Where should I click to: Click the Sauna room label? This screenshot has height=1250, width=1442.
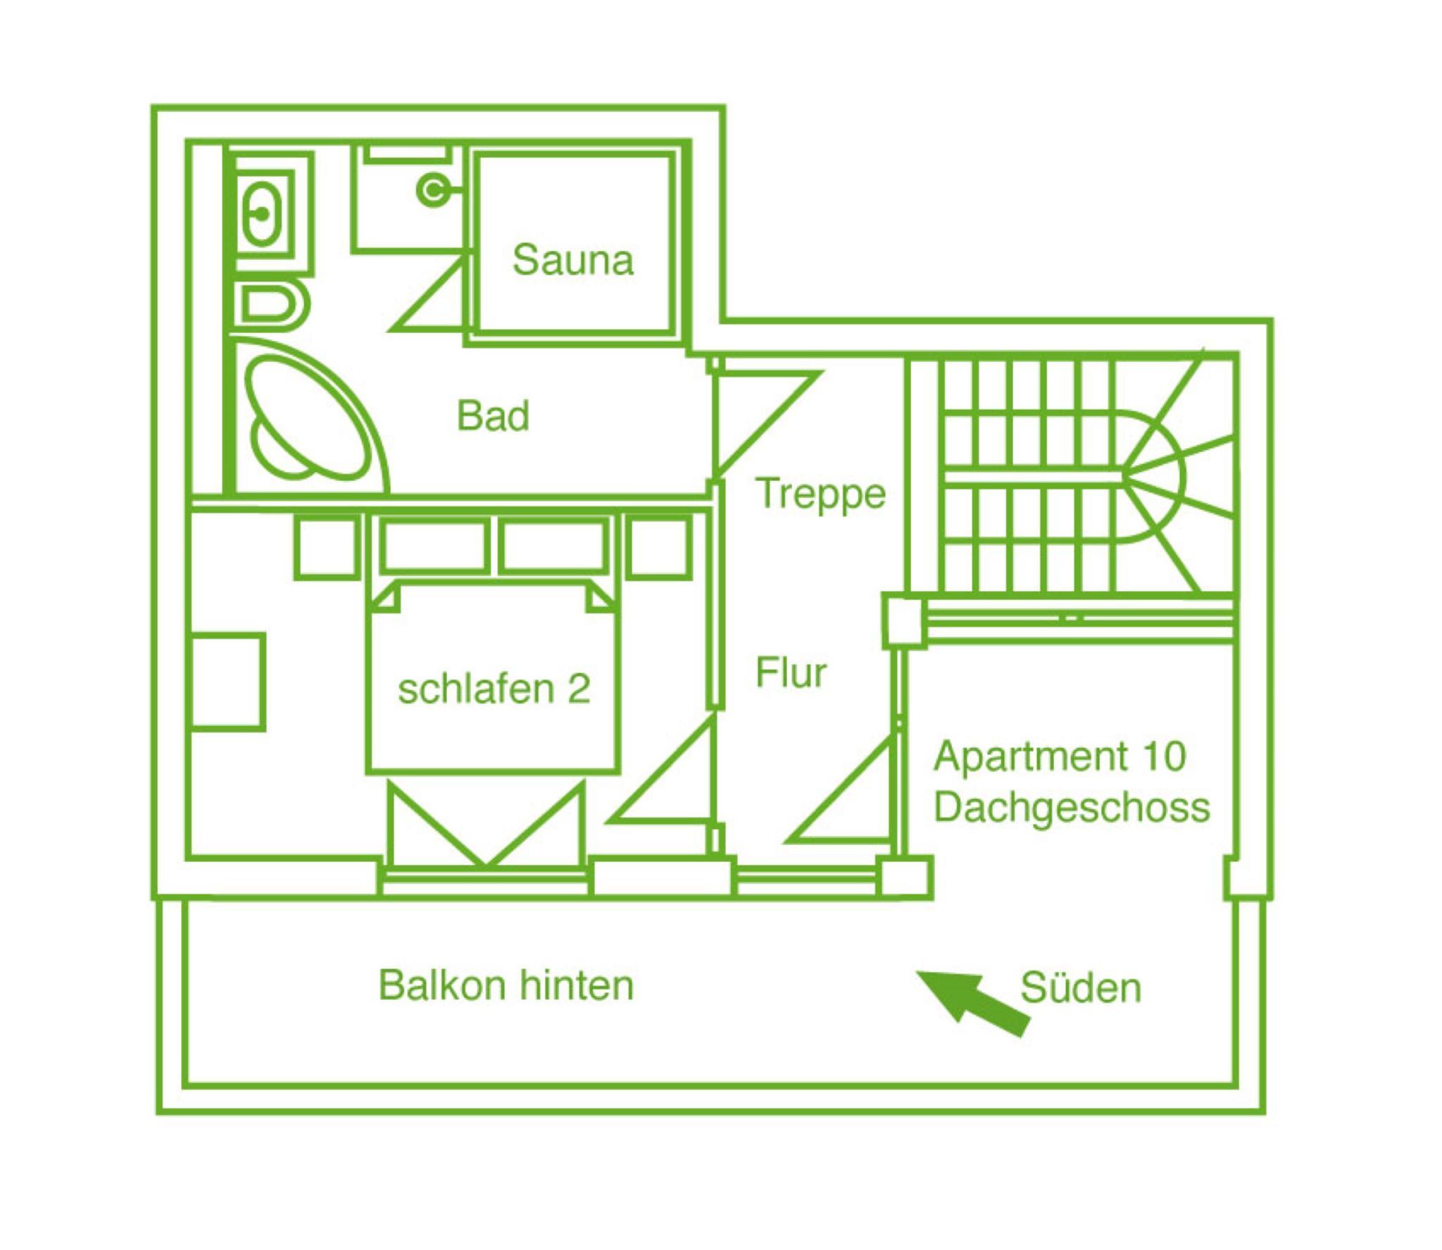click(x=572, y=260)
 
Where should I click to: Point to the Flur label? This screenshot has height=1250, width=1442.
click(x=790, y=673)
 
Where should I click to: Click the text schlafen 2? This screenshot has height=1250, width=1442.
click(x=494, y=689)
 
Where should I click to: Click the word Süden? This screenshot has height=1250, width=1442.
click(x=1080, y=988)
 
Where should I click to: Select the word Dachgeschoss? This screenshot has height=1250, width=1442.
click(x=1072, y=808)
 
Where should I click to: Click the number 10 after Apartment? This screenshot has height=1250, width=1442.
click(x=1165, y=756)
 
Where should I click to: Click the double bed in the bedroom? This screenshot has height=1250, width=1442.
click(x=493, y=676)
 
